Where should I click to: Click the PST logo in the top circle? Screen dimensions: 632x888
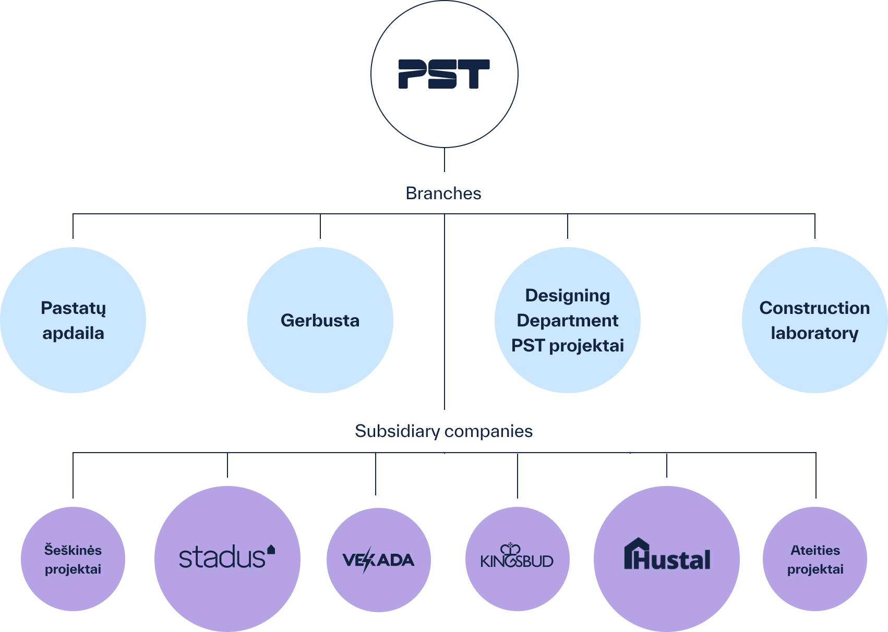click(x=444, y=74)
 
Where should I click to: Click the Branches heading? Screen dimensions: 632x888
click(x=443, y=193)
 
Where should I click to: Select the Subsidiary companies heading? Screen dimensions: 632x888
click(x=443, y=431)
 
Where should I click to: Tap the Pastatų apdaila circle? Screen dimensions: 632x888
click(x=73, y=320)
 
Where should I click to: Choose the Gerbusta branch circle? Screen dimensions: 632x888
click(x=320, y=320)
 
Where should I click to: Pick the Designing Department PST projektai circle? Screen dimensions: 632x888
click(x=568, y=320)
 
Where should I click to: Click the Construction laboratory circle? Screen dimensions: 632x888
click(x=814, y=320)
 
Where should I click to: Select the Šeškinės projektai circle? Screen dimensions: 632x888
click(x=73, y=559)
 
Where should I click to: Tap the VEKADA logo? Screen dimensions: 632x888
click(x=378, y=560)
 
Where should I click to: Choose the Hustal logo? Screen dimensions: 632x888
click(x=667, y=556)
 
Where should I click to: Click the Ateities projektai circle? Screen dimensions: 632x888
click(x=815, y=559)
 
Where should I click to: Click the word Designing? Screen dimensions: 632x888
click(x=568, y=296)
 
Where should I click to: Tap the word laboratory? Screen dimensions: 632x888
click(x=814, y=333)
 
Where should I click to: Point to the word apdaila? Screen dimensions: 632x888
click(x=73, y=333)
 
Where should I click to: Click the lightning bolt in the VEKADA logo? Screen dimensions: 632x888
click(x=367, y=560)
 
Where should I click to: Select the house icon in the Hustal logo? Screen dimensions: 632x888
click(x=636, y=553)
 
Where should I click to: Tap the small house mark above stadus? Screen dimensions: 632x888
click(x=271, y=549)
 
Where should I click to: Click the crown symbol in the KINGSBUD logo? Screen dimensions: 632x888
click(x=510, y=549)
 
